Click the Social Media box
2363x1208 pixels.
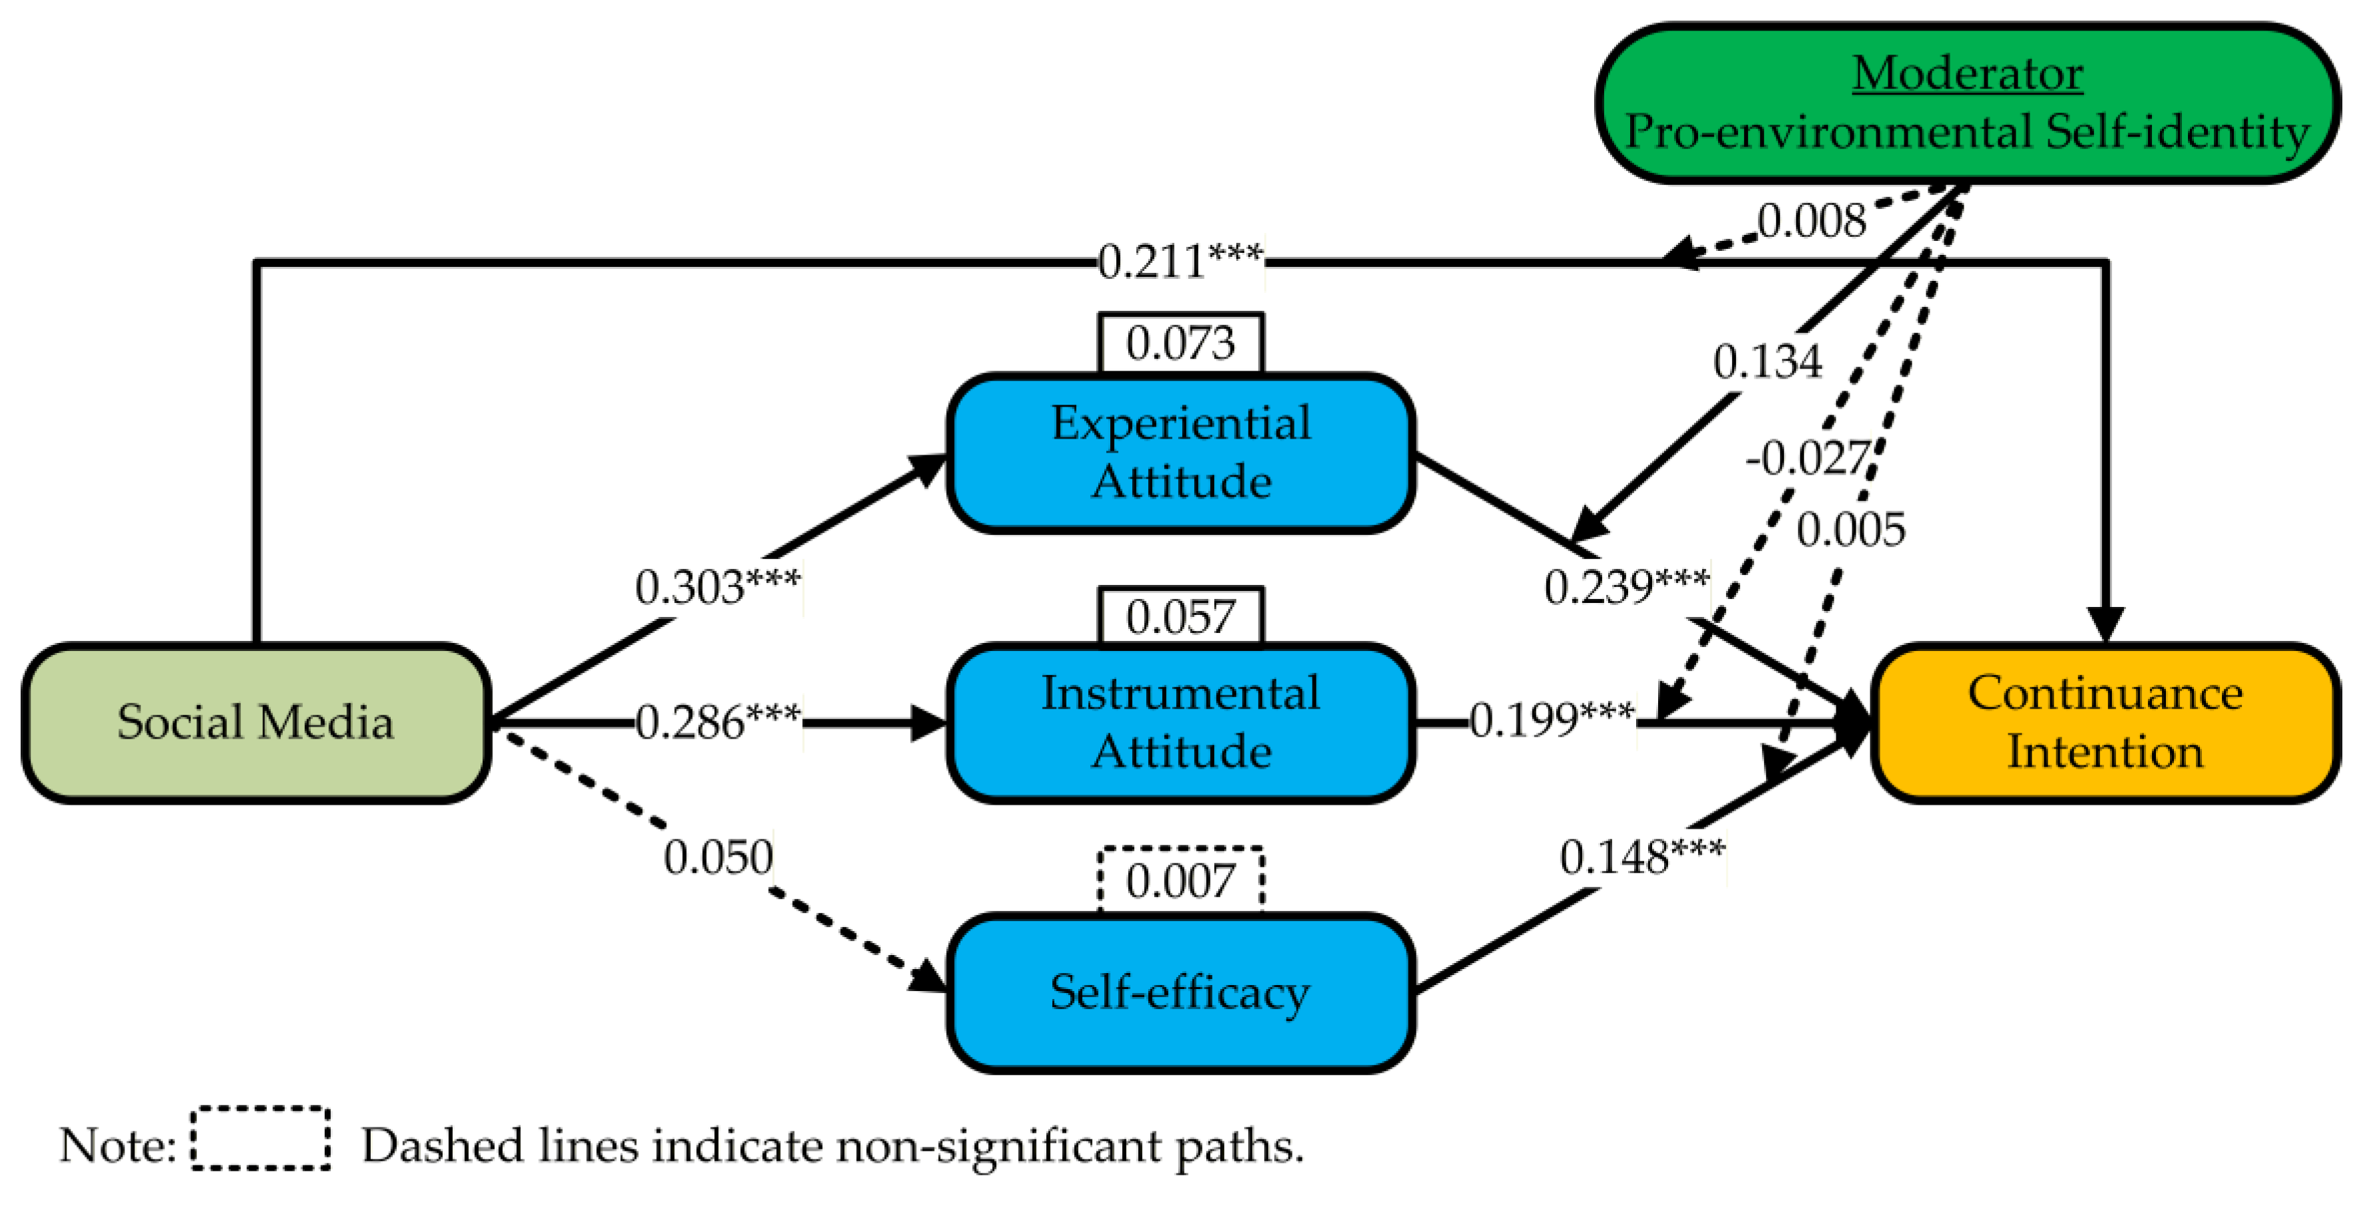(255, 722)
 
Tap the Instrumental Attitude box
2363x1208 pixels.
(1181, 722)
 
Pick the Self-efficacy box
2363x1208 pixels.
(1181, 992)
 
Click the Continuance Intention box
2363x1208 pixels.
(2104, 722)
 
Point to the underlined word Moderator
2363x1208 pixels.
(1967, 73)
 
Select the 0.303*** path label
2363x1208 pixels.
(718, 587)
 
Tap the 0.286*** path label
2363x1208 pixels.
(718, 723)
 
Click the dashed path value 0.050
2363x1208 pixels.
(718, 858)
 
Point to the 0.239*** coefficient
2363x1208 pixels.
(1626, 587)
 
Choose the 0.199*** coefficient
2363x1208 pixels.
(1551, 720)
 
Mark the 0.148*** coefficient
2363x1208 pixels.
(1641, 858)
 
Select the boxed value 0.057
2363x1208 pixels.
(1181, 617)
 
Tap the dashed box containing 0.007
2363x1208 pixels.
(1181, 881)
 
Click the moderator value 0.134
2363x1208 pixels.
(1767, 361)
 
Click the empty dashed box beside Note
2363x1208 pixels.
(260, 1138)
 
